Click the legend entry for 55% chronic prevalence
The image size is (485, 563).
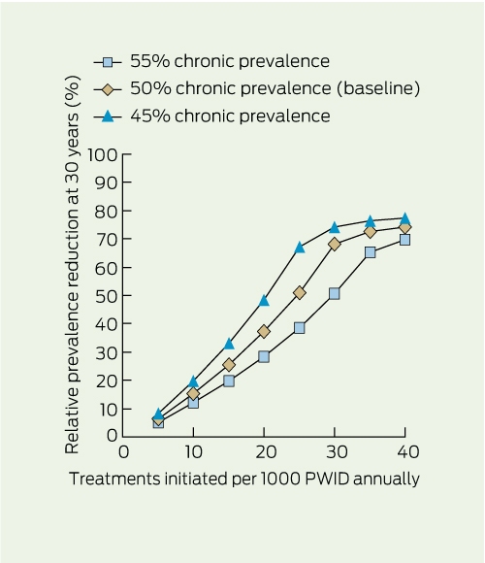(x=211, y=61)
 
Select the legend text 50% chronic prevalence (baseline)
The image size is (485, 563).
(x=275, y=88)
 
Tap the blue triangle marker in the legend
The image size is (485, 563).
(x=108, y=116)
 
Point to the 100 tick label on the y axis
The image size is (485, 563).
(x=103, y=155)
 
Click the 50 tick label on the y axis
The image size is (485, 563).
(x=106, y=296)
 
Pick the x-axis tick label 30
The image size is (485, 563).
(x=337, y=452)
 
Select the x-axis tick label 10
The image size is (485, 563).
(x=194, y=452)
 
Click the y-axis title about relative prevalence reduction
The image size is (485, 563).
(x=72, y=265)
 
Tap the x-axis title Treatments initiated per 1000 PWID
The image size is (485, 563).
(x=243, y=479)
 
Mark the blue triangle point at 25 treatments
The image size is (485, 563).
(x=299, y=248)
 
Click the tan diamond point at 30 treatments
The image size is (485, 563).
(x=335, y=245)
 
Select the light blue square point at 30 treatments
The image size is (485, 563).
(x=335, y=294)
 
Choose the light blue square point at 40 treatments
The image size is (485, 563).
(x=405, y=240)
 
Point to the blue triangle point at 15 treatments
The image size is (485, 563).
(x=229, y=344)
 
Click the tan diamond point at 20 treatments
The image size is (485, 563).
(x=264, y=331)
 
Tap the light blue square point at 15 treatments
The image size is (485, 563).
(x=229, y=381)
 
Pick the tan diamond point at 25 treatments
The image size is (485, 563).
(x=299, y=293)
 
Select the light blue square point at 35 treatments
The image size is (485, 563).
(x=370, y=252)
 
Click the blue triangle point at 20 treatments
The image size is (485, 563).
(x=264, y=300)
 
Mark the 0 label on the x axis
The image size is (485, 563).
(x=123, y=452)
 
